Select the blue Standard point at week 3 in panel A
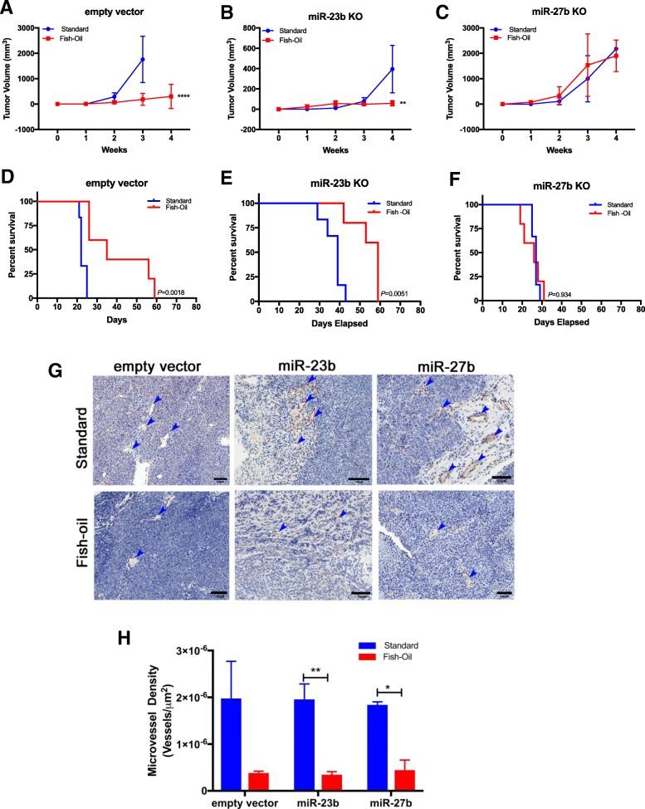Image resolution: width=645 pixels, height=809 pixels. [143, 60]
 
